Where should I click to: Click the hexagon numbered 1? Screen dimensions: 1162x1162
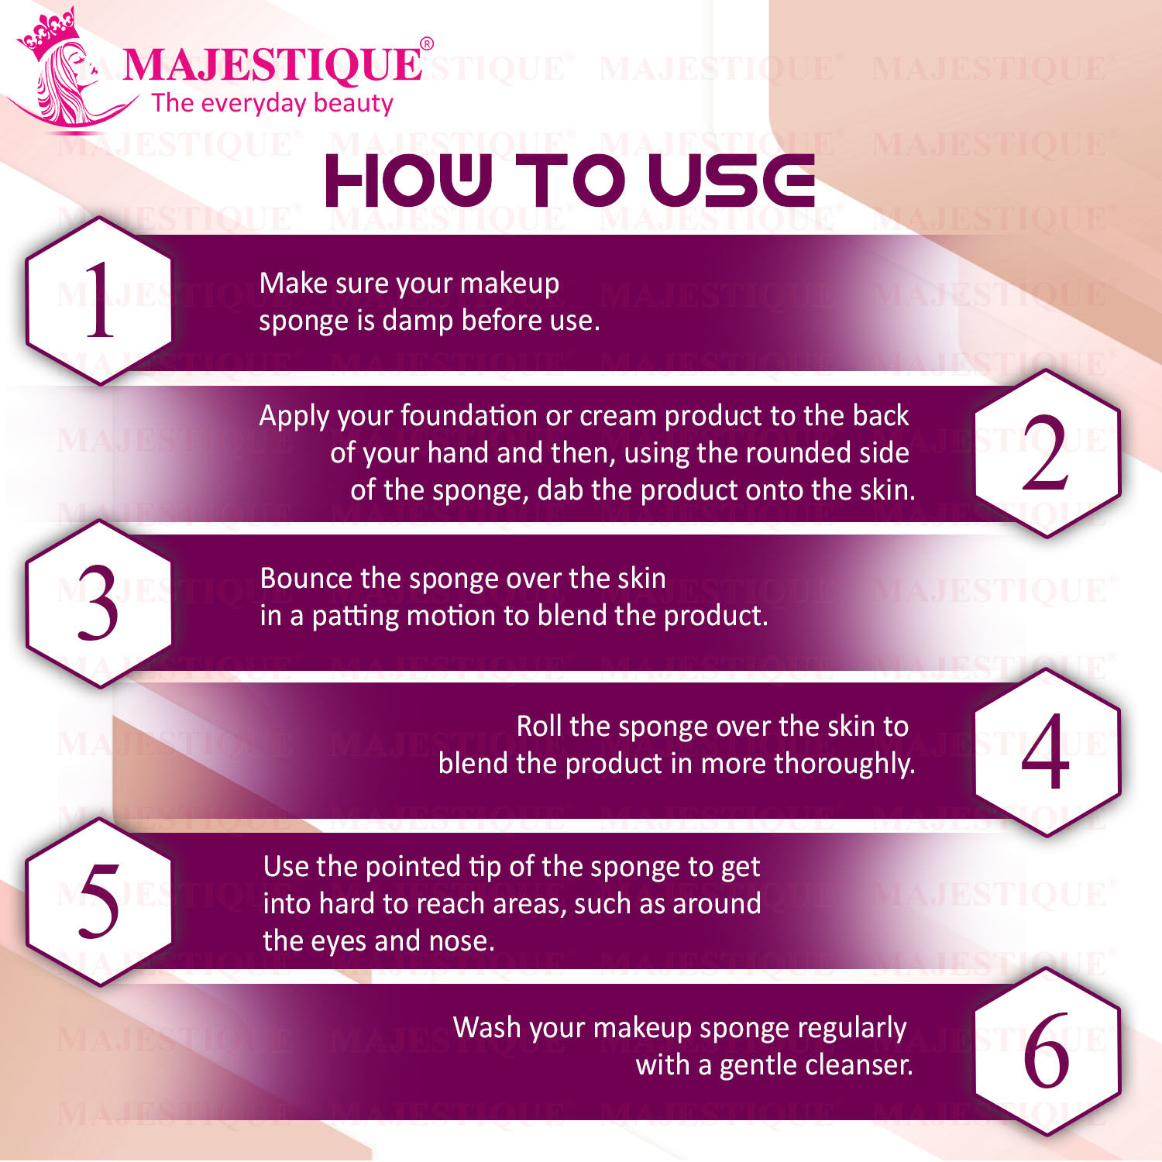click(x=99, y=301)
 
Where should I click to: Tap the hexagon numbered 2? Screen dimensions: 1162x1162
click(x=1047, y=453)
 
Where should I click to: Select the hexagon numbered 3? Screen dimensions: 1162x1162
click(x=99, y=603)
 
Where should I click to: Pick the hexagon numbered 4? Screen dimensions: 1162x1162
click(x=1047, y=752)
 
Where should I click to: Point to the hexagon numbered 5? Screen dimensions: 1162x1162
click(x=99, y=902)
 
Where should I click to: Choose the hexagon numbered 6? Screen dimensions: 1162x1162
click(x=1047, y=1051)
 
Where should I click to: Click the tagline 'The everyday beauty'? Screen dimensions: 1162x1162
click(x=273, y=103)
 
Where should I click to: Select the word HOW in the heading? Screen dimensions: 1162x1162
click(x=409, y=180)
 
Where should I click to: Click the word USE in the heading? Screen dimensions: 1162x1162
click(x=731, y=180)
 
